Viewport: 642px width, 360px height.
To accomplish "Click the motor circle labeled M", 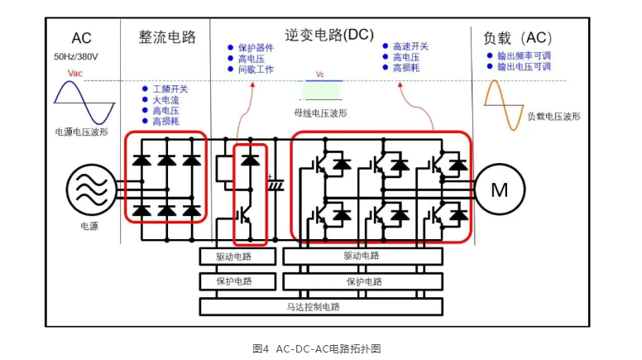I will pyautogui.click(x=500, y=190).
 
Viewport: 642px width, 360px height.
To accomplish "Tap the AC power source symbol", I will pyautogui.click(x=89, y=190).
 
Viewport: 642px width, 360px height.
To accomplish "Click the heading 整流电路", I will pyautogui.click(x=167, y=37).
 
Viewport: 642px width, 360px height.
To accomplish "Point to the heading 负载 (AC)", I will pyautogui.click(x=518, y=37).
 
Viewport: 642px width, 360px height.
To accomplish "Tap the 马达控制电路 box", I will pyautogui.click(x=319, y=306).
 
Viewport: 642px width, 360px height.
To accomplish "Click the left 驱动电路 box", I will pyautogui.click(x=233, y=257).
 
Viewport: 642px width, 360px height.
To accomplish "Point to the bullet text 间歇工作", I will pyautogui.click(x=256, y=70).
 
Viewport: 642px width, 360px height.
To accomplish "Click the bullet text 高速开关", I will pyautogui.click(x=410, y=47).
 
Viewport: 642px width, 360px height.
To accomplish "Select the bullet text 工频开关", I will pyautogui.click(x=170, y=89).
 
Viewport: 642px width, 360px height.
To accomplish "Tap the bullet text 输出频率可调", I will pyautogui.click(x=524, y=55).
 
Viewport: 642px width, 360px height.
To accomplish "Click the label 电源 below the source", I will pyautogui.click(x=89, y=225).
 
